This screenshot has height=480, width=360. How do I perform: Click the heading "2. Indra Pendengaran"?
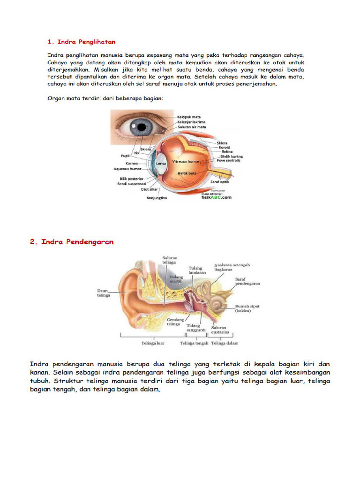[72, 242]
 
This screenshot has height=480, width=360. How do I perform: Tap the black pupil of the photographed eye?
[139, 126]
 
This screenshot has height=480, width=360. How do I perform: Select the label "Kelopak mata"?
[188, 117]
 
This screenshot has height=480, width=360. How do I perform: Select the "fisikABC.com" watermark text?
[216, 197]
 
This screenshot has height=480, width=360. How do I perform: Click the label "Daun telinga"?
[104, 293]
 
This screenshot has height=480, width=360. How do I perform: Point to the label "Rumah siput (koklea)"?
[247, 308]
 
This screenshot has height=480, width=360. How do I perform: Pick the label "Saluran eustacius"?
[219, 330]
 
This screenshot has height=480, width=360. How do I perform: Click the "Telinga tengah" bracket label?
[194, 343]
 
